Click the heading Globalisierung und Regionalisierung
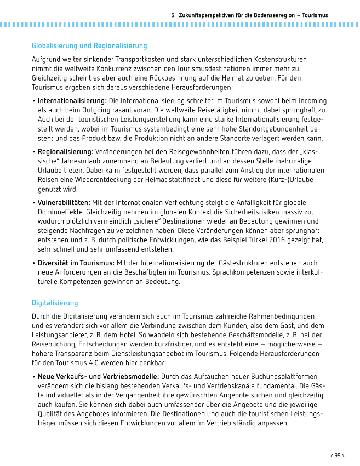89,46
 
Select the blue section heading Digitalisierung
55,303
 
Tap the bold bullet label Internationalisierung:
72,101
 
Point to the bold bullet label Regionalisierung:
66,151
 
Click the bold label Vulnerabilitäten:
64,202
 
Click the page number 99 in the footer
337,455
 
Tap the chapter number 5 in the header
173,15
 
